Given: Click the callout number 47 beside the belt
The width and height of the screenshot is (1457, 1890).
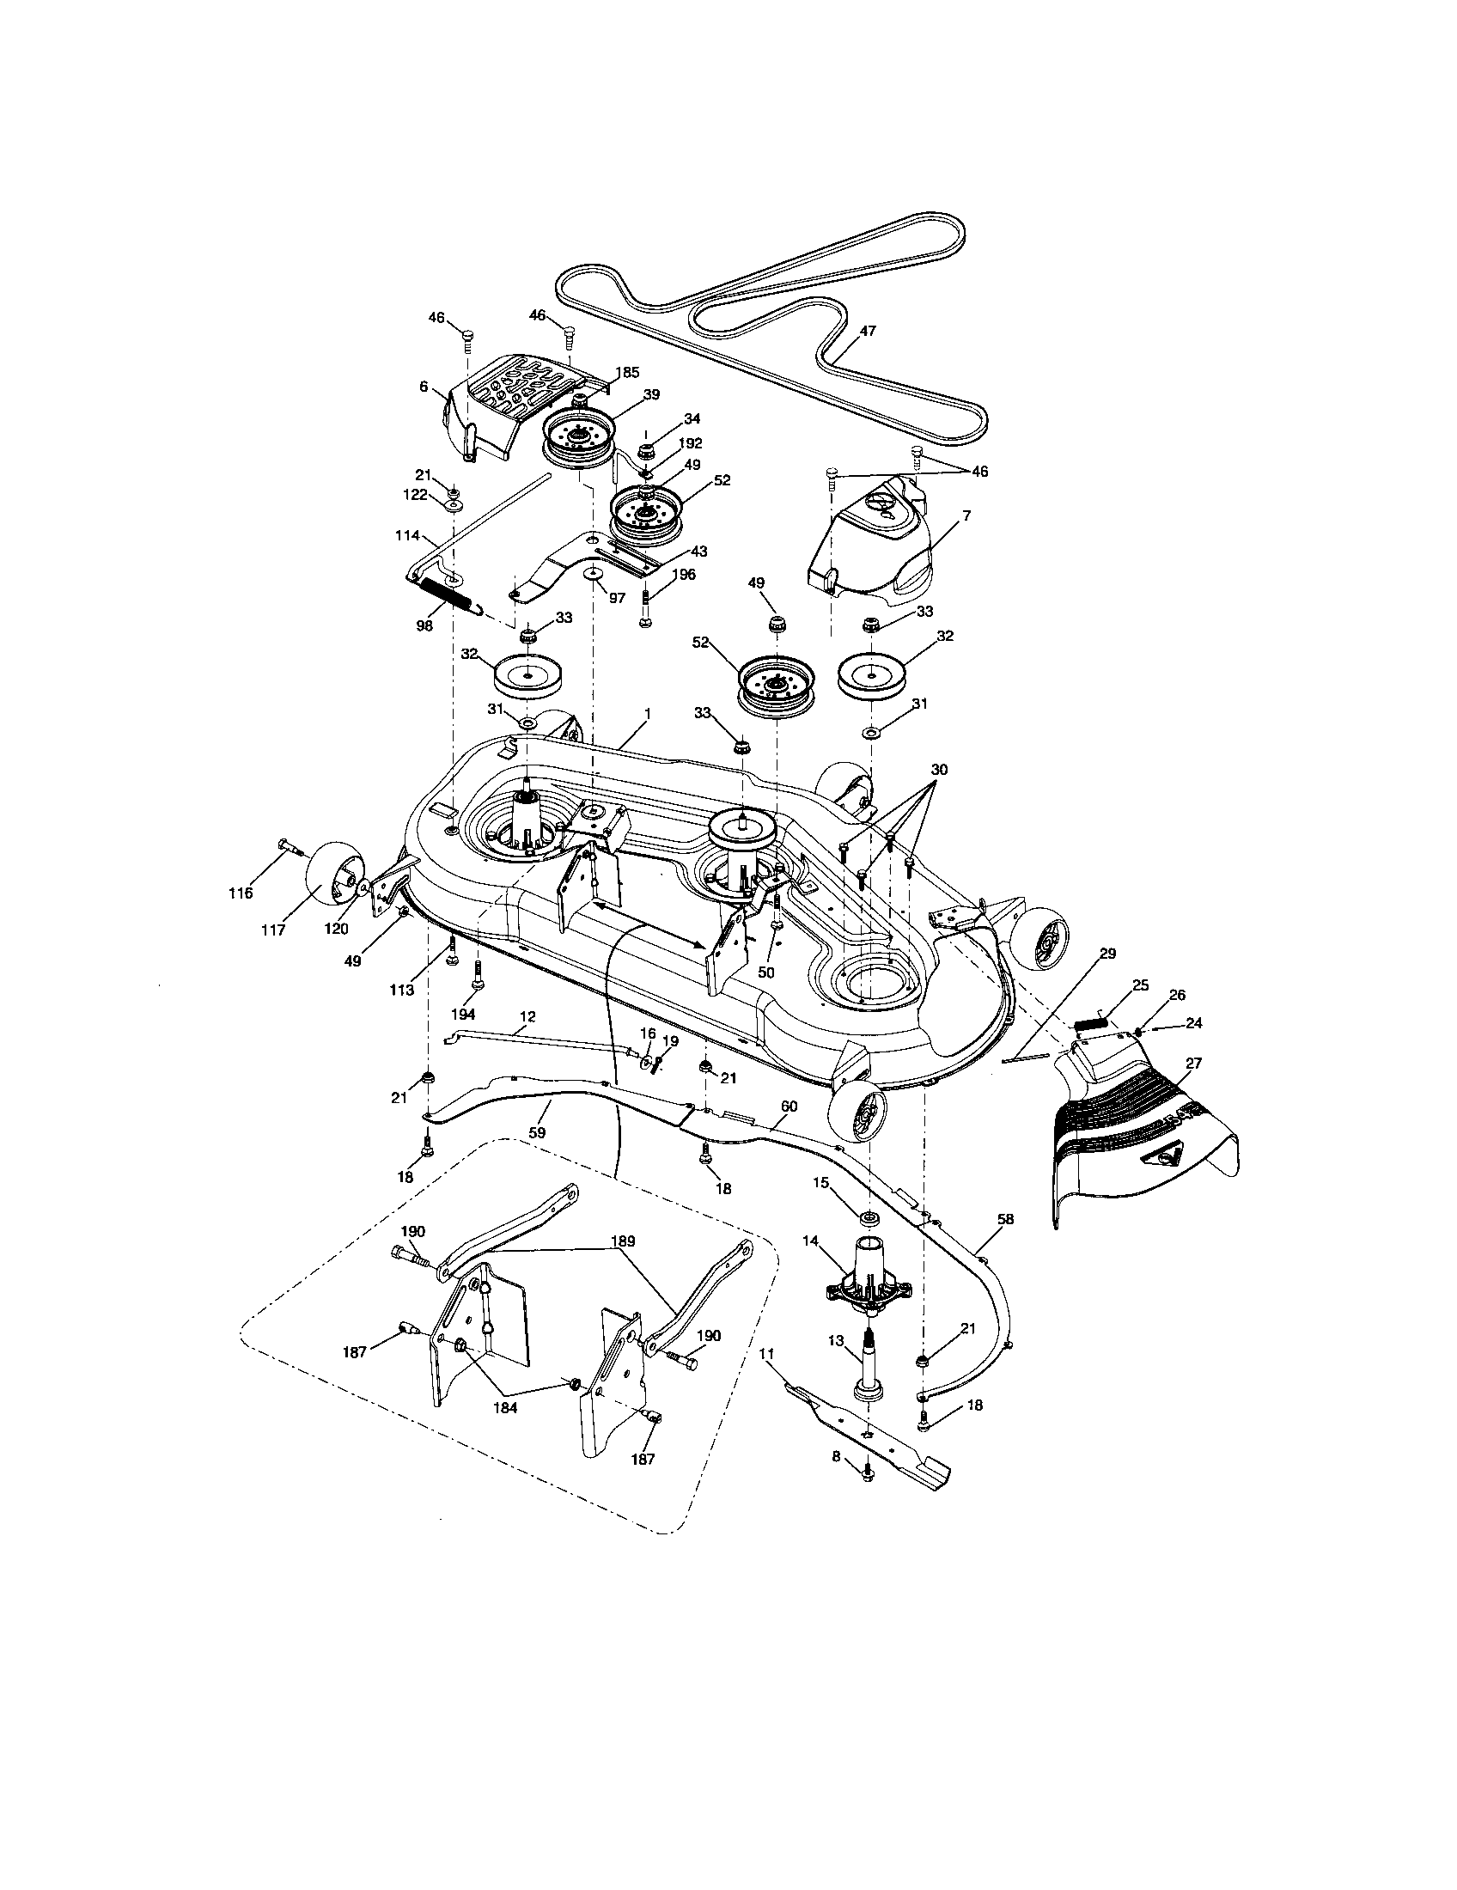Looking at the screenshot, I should point(868,330).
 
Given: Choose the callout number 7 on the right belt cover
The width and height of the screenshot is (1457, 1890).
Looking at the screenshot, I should point(966,515).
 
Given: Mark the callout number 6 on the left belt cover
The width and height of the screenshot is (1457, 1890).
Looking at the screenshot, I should point(424,387).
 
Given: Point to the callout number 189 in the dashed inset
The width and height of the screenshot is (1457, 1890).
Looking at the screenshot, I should point(623,1240).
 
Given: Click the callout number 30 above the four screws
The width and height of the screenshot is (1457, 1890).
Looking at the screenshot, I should point(939,770).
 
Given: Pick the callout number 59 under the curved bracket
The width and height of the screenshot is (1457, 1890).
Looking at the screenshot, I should point(537,1131).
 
